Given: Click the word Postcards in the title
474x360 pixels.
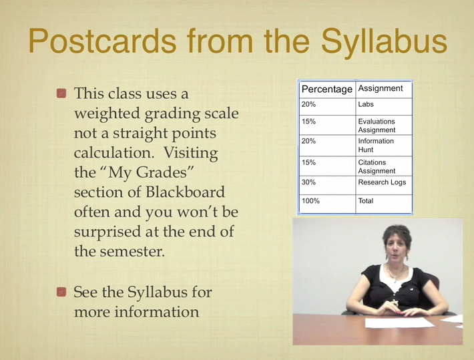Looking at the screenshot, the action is pos(103,41).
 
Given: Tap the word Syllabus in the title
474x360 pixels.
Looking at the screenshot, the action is pos(384,43).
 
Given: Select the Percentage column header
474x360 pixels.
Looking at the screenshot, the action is pos(327,89).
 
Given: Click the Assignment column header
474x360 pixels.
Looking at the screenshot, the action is pos(381,88).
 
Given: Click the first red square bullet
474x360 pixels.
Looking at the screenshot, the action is pos(61,94).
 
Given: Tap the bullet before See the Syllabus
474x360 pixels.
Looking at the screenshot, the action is pos(61,293).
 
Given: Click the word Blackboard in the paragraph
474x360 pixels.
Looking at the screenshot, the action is pos(185,192).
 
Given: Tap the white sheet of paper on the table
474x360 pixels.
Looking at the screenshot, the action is pos(400,323).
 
